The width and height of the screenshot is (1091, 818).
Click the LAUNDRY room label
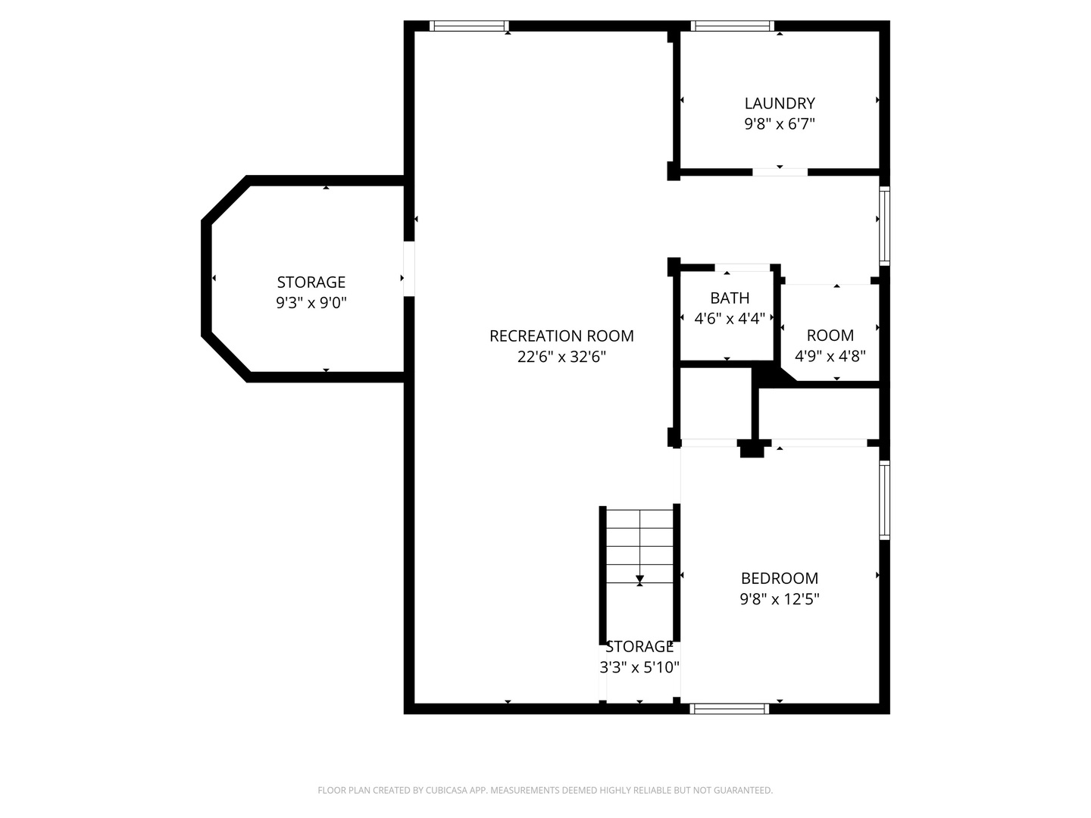[780, 103]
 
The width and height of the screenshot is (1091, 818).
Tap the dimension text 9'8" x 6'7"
[780, 123]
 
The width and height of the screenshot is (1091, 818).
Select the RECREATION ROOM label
[561, 336]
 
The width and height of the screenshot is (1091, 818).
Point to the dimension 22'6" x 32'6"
[561, 357]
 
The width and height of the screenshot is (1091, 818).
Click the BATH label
[730, 298]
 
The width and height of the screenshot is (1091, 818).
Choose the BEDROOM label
[780, 579]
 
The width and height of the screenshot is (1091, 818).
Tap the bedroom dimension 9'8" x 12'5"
[780, 599]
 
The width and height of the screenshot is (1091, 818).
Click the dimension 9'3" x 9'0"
[311, 302]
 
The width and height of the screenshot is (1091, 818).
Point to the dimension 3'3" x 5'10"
[639, 667]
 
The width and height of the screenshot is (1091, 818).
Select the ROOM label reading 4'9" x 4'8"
[830, 336]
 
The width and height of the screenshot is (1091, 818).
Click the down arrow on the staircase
[639, 579]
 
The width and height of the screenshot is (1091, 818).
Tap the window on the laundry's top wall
[733, 27]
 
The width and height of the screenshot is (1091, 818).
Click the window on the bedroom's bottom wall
[730, 709]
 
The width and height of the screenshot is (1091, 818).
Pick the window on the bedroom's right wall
[885, 500]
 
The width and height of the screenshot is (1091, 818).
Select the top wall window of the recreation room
[469, 27]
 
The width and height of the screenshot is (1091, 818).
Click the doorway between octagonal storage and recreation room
[409, 269]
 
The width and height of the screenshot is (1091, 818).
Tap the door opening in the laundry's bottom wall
[780, 173]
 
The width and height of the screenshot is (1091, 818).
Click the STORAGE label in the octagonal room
[311, 282]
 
